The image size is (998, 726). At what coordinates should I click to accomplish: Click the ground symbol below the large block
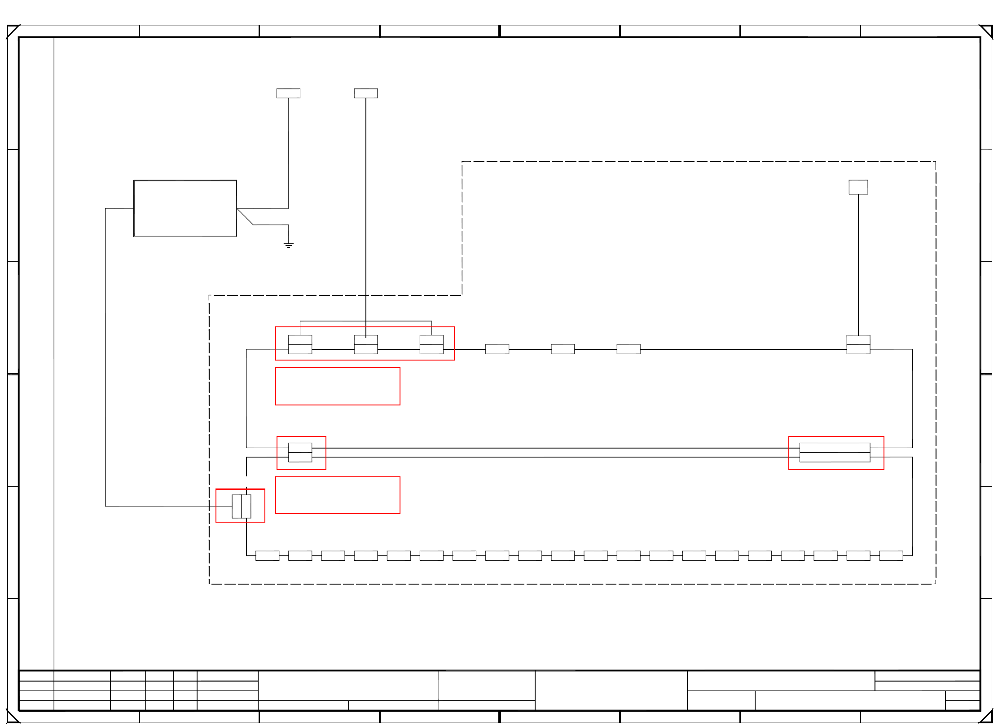pyautogui.click(x=289, y=245)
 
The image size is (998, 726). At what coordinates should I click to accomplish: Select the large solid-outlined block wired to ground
pyautogui.click(x=185, y=208)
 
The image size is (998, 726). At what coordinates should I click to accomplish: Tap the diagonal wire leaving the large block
pyautogui.click(x=245, y=217)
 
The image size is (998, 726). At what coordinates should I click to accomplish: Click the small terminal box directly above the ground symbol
pyautogui.click(x=288, y=93)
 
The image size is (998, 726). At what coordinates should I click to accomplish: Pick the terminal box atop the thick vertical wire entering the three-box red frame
pyautogui.click(x=366, y=93)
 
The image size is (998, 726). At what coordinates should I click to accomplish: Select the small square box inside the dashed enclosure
pyautogui.click(x=858, y=187)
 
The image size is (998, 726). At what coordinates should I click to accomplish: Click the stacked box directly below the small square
pyautogui.click(x=858, y=344)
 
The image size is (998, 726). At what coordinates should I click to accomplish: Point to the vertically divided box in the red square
pyautogui.click(x=242, y=506)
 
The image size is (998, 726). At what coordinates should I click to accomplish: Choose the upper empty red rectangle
pyautogui.click(x=338, y=387)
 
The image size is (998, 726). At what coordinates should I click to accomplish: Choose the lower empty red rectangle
pyautogui.click(x=338, y=495)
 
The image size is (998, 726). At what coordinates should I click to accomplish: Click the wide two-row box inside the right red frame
pyautogui.click(x=835, y=453)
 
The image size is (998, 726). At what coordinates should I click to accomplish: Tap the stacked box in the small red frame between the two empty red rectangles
pyautogui.click(x=300, y=453)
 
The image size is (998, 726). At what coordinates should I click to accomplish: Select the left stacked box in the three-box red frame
pyautogui.click(x=300, y=344)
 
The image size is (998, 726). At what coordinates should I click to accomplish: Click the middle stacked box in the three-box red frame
pyautogui.click(x=366, y=344)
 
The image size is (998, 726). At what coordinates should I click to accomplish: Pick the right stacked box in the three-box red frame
pyautogui.click(x=431, y=344)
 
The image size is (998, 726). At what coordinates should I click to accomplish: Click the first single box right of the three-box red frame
pyautogui.click(x=497, y=349)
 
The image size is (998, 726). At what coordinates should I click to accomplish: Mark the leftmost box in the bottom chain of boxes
pyautogui.click(x=267, y=556)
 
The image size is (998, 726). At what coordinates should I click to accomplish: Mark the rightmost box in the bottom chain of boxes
pyautogui.click(x=891, y=556)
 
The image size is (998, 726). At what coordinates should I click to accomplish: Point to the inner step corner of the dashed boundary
pyautogui.click(x=462, y=295)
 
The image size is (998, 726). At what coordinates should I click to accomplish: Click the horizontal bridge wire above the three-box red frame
pyautogui.click(x=366, y=321)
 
